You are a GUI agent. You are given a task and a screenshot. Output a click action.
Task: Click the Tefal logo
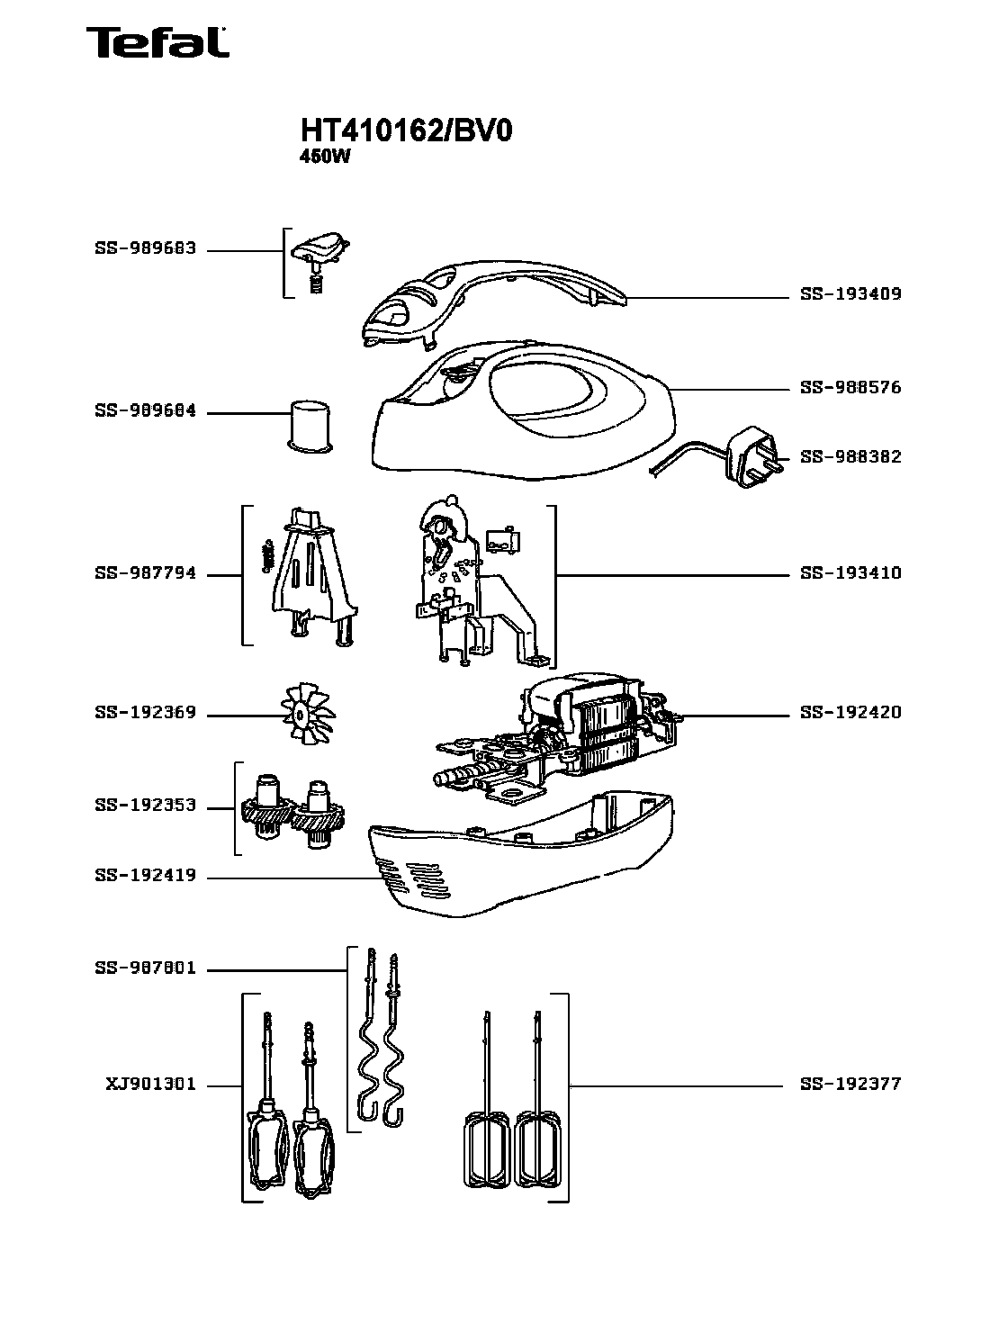[x=157, y=42]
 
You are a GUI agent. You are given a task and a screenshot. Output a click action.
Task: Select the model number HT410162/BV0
[x=406, y=131]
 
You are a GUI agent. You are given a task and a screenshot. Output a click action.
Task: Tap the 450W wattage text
[x=323, y=155]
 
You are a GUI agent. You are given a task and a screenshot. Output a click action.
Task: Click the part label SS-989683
[x=145, y=248]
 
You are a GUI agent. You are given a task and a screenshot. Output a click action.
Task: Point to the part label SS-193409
[x=850, y=294]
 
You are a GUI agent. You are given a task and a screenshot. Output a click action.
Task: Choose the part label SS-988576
[x=850, y=388]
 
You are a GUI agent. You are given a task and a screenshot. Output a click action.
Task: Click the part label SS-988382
[x=850, y=457]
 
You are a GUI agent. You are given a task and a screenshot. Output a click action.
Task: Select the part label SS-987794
[x=145, y=573]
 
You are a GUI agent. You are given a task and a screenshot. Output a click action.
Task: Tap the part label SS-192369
[x=145, y=713]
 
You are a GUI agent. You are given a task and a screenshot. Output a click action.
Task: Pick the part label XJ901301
[x=150, y=1085]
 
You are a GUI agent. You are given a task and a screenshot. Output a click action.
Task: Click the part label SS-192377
[x=850, y=1085]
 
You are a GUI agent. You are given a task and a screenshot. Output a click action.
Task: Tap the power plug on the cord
[x=752, y=457]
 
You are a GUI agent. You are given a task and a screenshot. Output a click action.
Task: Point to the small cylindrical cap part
[x=309, y=424]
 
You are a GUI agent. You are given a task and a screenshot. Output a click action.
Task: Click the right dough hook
[x=392, y=1035]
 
